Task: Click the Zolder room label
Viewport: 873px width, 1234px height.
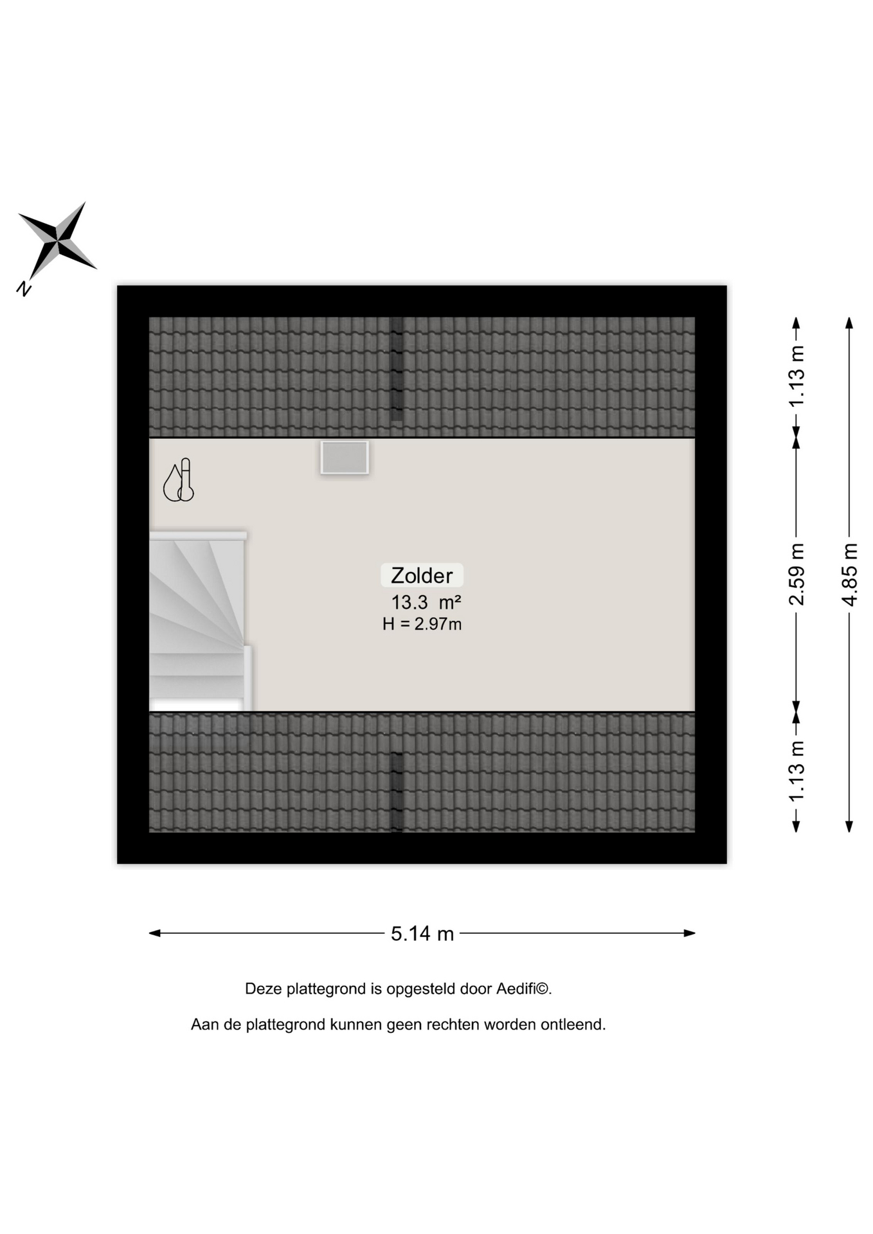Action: tap(422, 575)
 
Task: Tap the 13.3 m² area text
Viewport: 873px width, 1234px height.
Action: tap(426, 603)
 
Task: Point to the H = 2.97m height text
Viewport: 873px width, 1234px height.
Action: tap(422, 624)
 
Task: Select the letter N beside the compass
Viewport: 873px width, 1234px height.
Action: tap(24, 289)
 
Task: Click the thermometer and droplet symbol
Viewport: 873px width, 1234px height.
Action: tap(179, 480)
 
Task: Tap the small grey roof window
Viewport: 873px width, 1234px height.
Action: tap(345, 458)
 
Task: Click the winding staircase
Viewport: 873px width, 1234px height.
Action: tap(200, 621)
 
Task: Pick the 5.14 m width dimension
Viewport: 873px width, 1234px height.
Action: tap(422, 933)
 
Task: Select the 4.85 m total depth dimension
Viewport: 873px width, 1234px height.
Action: tap(849, 575)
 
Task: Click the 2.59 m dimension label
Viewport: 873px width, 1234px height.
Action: tap(797, 575)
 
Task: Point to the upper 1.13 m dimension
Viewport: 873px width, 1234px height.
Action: tap(797, 376)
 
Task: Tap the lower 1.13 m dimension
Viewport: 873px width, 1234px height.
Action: tap(797, 771)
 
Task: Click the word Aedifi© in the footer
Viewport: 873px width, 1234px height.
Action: tap(524, 988)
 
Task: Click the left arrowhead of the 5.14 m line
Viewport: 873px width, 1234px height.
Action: tap(154, 933)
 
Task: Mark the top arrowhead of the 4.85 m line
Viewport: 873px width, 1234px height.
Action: tap(849, 323)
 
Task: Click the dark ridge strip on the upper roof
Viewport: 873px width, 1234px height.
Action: tap(397, 369)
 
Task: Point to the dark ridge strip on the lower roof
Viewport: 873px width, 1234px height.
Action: tap(397, 792)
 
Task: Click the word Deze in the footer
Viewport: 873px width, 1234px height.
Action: tap(264, 988)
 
